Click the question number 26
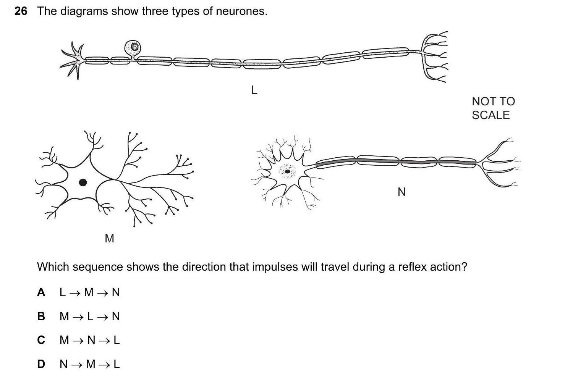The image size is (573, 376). (21, 11)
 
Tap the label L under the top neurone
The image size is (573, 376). (254, 90)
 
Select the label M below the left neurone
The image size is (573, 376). (109, 239)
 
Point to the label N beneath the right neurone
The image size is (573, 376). (401, 192)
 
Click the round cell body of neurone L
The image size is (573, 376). (133, 47)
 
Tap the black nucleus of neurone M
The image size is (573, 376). (83, 182)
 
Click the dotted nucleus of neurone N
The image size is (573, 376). (287, 171)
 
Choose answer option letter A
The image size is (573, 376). (41, 292)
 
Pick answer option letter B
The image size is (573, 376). (41, 316)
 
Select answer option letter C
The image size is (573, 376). (41, 340)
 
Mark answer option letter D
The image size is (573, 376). (41, 364)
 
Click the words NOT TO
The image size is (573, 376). (493, 102)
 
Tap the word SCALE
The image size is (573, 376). (490, 115)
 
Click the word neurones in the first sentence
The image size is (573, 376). (241, 11)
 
